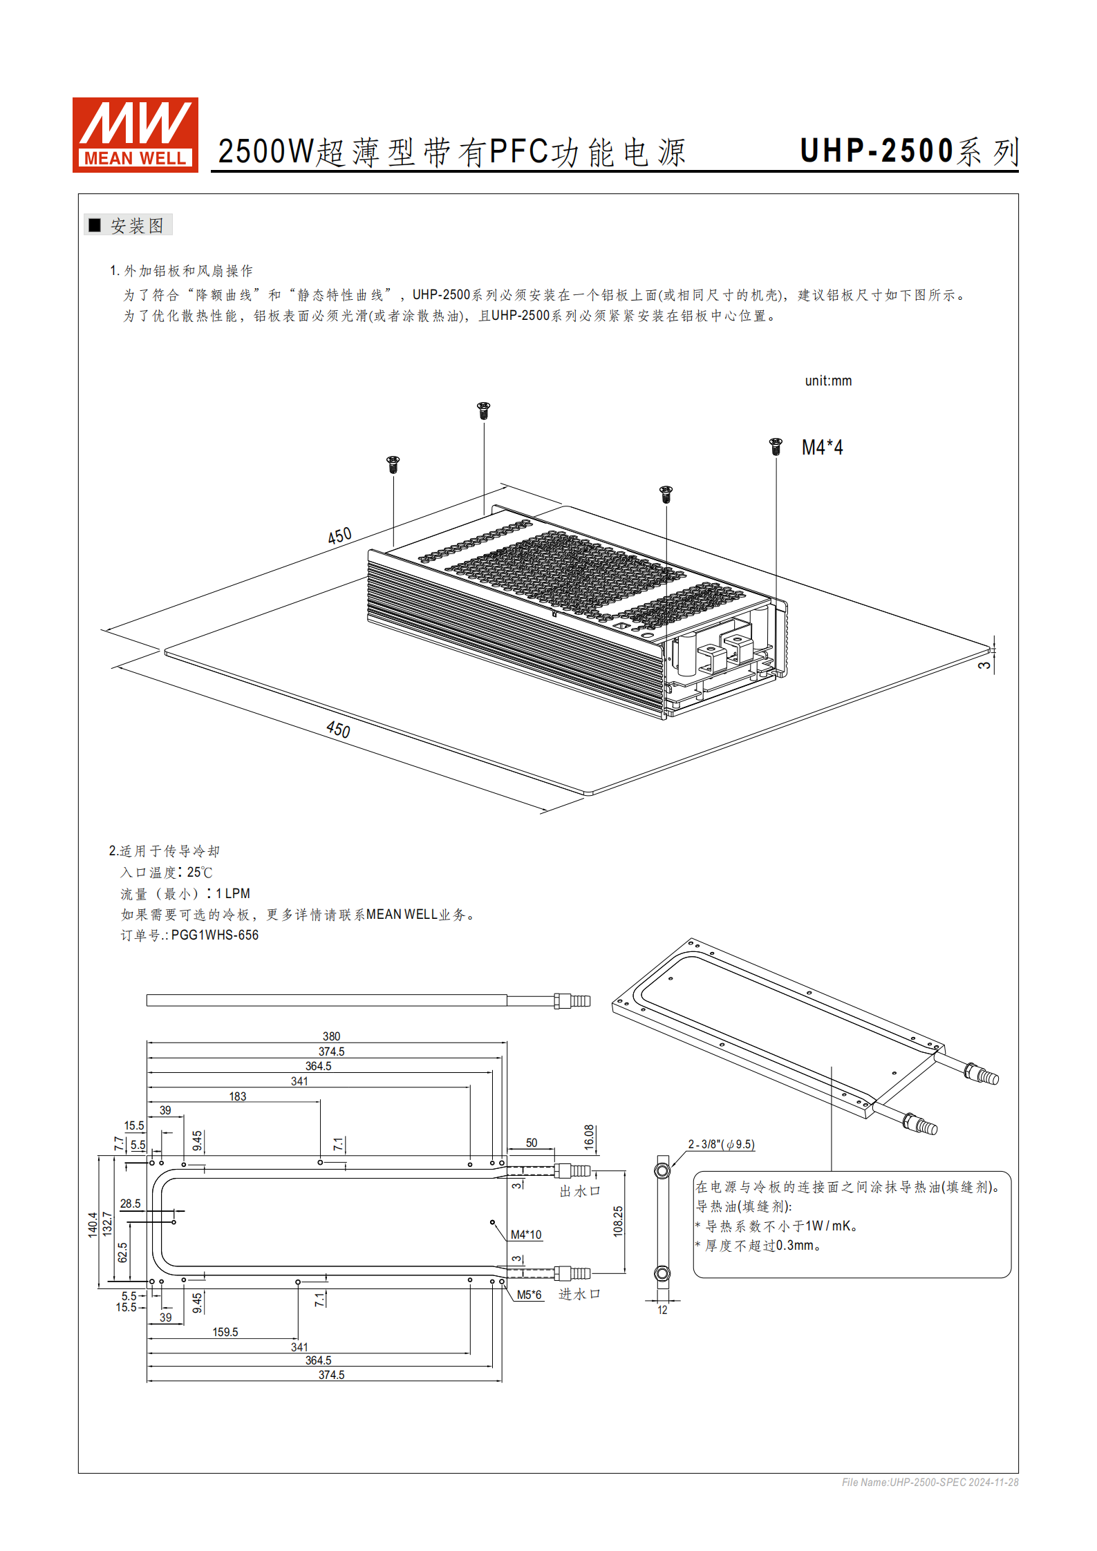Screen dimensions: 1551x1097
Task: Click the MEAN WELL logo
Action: click(x=135, y=135)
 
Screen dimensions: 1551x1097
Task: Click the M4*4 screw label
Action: click(x=822, y=448)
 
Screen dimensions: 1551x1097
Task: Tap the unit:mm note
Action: click(x=828, y=381)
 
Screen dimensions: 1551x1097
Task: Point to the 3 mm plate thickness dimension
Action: click(x=984, y=665)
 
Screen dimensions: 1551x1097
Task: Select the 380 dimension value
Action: click(x=331, y=1036)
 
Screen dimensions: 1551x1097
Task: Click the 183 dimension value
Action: click(x=237, y=1096)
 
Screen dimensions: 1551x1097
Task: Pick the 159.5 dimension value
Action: click(x=225, y=1332)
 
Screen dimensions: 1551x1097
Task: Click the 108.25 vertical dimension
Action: click(x=618, y=1221)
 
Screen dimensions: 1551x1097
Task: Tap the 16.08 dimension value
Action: click(x=589, y=1137)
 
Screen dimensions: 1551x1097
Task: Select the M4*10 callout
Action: click(x=526, y=1235)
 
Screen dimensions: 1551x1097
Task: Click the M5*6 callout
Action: click(x=529, y=1295)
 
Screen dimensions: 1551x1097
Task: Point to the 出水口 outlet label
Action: click(x=580, y=1191)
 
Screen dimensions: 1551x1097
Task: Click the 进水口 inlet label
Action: click(x=579, y=1294)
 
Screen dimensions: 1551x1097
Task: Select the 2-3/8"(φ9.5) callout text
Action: click(x=721, y=1144)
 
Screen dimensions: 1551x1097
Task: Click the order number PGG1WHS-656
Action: click(x=215, y=935)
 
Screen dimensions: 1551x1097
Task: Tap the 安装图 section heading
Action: click(x=137, y=225)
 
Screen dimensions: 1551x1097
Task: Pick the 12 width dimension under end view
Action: click(x=662, y=1310)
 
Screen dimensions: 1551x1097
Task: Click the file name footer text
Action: click(x=930, y=1482)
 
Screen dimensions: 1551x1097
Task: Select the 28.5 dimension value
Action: click(x=130, y=1203)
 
